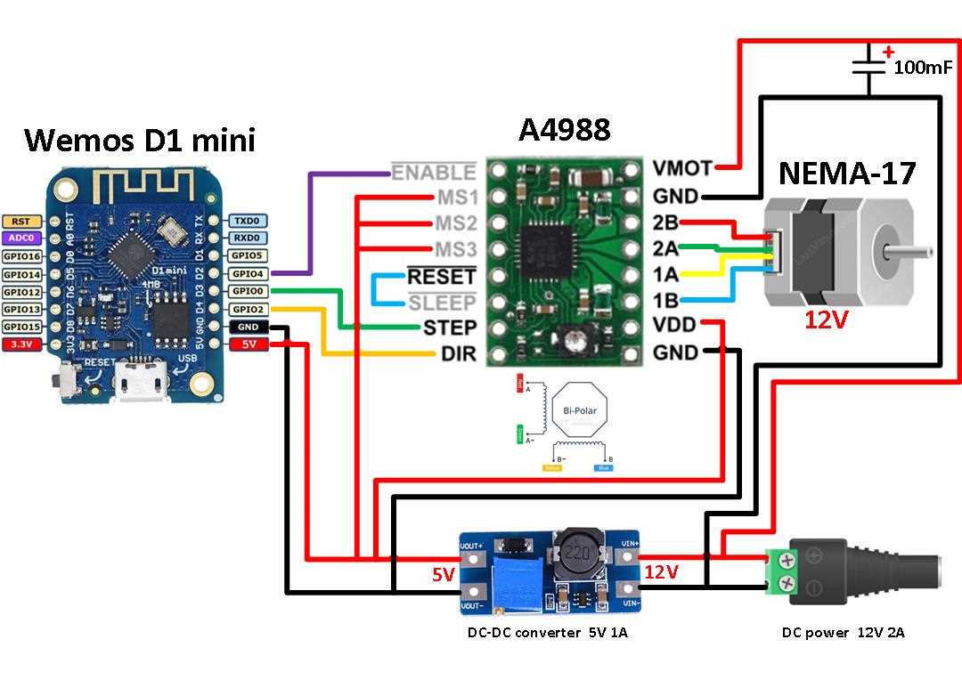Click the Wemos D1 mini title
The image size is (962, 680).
(x=139, y=140)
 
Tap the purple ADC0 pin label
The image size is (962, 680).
(x=20, y=238)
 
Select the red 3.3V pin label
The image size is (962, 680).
(x=20, y=344)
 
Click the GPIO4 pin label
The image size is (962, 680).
(x=247, y=273)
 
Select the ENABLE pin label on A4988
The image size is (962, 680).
(x=434, y=172)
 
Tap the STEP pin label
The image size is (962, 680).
(x=450, y=327)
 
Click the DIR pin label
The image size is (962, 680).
(x=459, y=353)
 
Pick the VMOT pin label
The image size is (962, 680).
(x=681, y=167)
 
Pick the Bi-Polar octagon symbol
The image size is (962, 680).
(x=579, y=410)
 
